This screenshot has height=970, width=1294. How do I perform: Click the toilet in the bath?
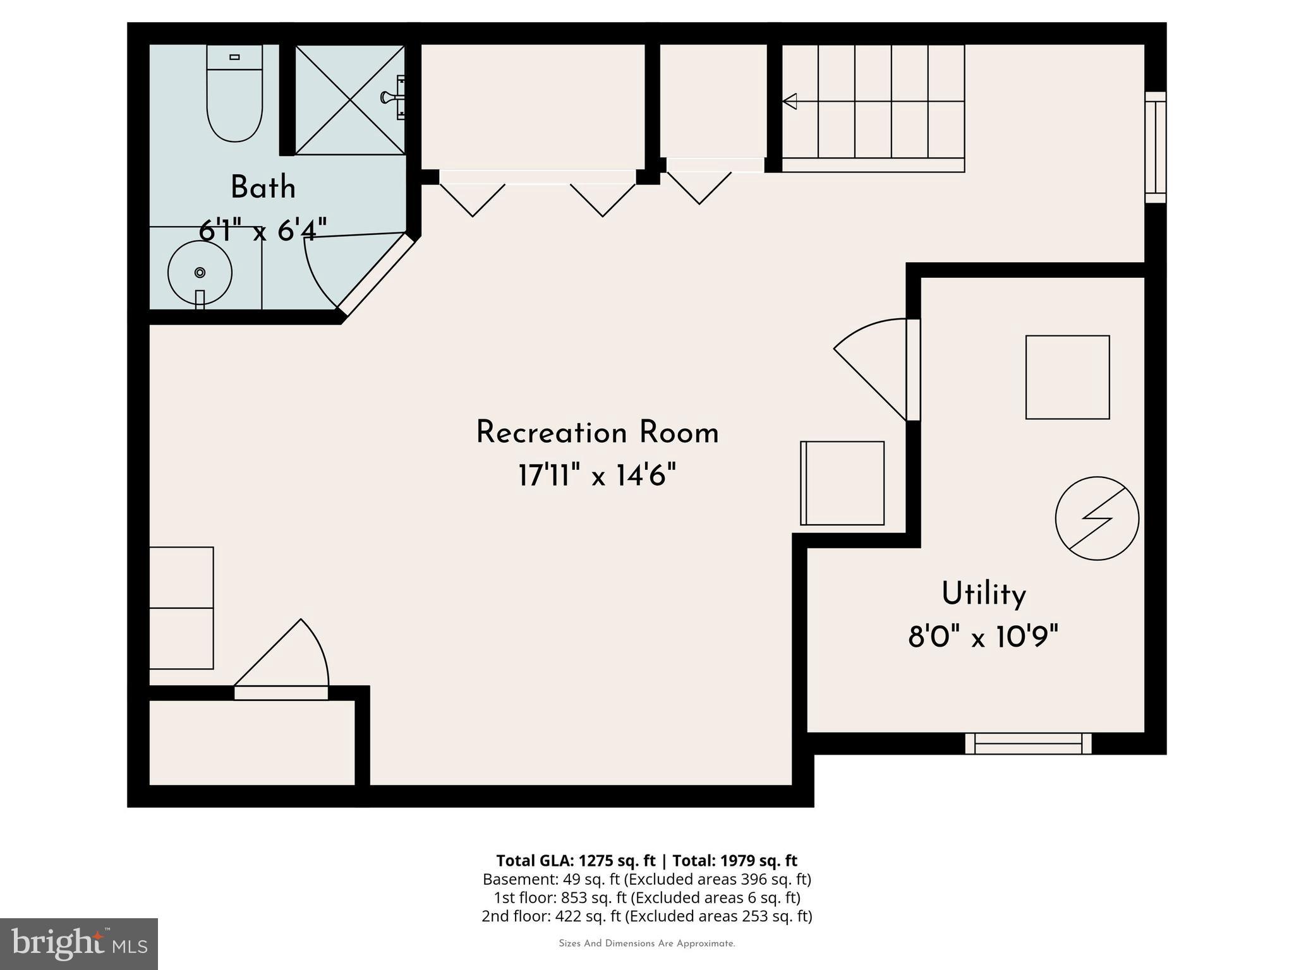pyautogui.click(x=234, y=95)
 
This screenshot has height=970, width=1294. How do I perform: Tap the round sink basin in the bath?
pyautogui.click(x=200, y=273)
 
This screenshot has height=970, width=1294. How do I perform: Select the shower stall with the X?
pyautogui.click(x=349, y=100)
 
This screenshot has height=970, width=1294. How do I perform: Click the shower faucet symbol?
pyautogui.click(x=393, y=97)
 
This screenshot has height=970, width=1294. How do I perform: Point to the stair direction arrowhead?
pyautogui.click(x=789, y=101)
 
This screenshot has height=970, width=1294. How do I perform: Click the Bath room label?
pyautogui.click(x=263, y=188)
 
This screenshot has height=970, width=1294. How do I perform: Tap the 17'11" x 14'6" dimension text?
pyautogui.click(x=597, y=476)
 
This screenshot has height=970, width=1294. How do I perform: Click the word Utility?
pyautogui.click(x=984, y=595)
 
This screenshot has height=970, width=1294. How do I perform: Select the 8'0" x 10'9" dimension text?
pyautogui.click(x=983, y=637)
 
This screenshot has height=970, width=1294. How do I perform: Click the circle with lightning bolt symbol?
pyautogui.click(x=1097, y=518)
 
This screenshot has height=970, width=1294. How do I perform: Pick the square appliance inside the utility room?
pyautogui.click(x=1067, y=377)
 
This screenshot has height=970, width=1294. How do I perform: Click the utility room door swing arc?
pyautogui.click(x=866, y=354)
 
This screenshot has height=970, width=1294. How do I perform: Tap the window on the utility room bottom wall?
pyautogui.click(x=1028, y=743)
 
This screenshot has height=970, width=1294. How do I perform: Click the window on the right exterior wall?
pyautogui.click(x=1156, y=147)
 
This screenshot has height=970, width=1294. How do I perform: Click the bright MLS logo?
pyautogui.click(x=78, y=943)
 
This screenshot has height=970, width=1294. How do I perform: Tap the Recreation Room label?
pyautogui.click(x=597, y=433)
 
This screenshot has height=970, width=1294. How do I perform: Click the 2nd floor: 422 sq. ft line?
pyautogui.click(x=646, y=916)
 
